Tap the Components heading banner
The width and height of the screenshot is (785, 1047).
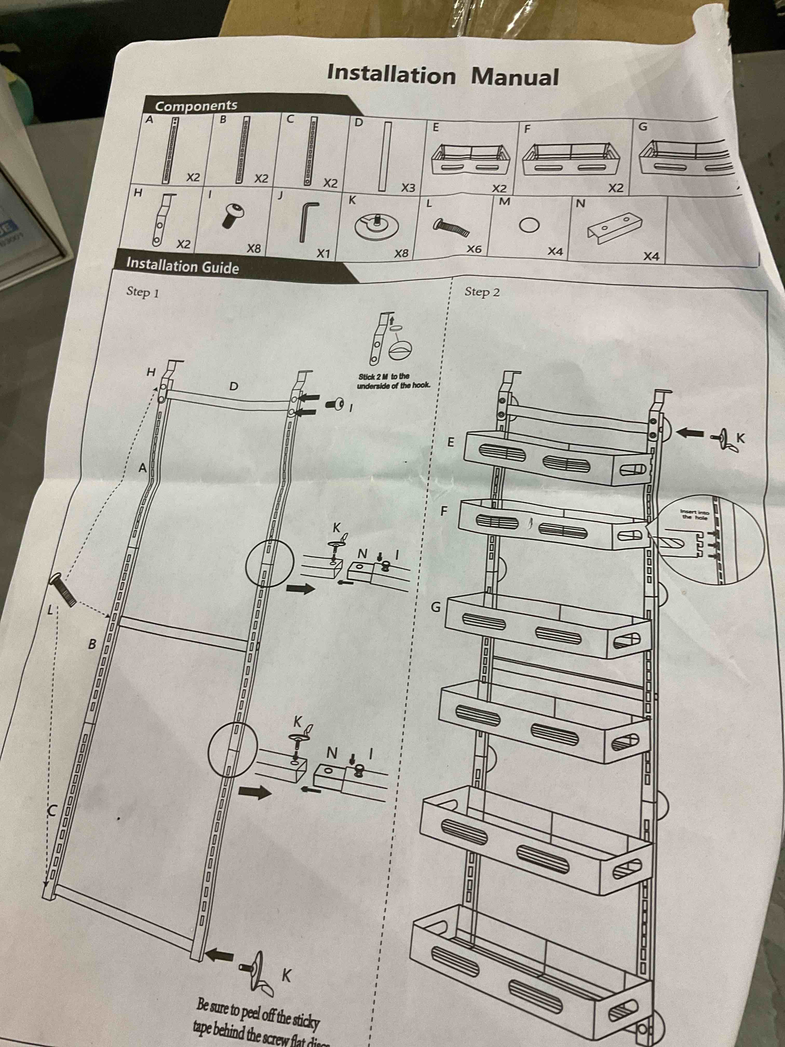pyautogui.click(x=196, y=105)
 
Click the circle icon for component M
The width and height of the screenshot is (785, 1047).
pyautogui.click(x=529, y=226)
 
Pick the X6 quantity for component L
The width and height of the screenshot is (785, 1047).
pyautogui.click(x=474, y=249)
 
